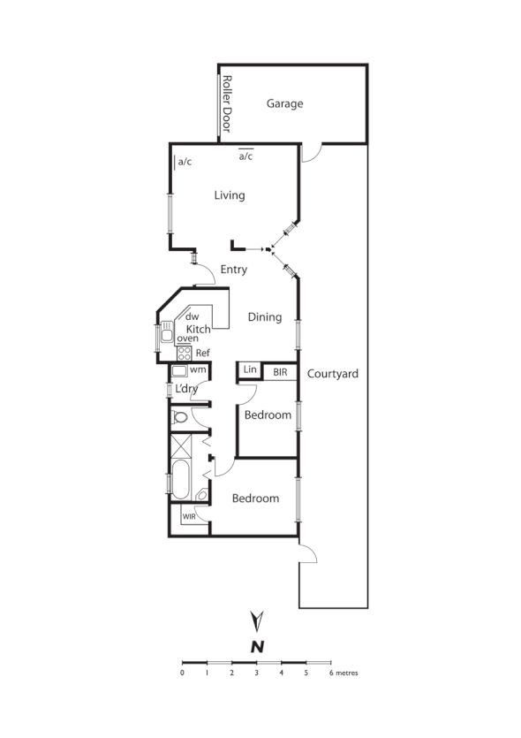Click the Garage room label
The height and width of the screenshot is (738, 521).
(x=284, y=103)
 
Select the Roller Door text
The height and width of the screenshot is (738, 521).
(x=226, y=103)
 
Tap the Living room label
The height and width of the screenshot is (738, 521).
(x=229, y=195)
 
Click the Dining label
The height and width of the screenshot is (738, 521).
(x=264, y=317)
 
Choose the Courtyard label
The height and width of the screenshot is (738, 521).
(x=332, y=374)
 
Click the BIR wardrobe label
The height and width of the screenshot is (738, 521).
(x=280, y=372)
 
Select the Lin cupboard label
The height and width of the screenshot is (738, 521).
(x=249, y=370)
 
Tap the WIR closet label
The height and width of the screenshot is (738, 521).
(x=189, y=516)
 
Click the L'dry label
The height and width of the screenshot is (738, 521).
(x=186, y=390)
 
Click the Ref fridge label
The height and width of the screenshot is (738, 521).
(x=202, y=353)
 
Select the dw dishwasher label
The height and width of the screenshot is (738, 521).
(x=193, y=316)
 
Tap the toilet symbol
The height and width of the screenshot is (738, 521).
(x=180, y=417)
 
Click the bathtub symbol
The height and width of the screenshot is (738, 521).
(x=180, y=479)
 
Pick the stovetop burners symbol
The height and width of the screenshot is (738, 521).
(x=185, y=353)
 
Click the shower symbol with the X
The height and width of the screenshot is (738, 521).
(x=180, y=445)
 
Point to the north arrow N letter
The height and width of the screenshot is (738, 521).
(x=257, y=646)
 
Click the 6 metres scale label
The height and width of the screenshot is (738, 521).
(x=344, y=673)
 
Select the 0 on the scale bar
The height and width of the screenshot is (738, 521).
(x=182, y=673)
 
